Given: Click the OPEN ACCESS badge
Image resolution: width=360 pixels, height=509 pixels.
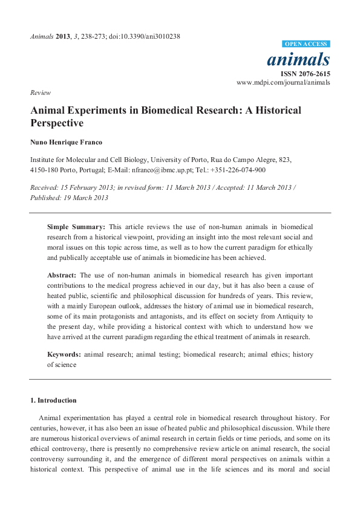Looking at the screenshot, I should click(306, 44).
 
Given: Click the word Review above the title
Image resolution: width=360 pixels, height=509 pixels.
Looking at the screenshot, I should click(41, 92).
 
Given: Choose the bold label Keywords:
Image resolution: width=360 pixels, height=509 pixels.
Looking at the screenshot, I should click(64, 355).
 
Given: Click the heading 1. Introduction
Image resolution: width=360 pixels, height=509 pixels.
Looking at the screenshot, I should click(53, 400).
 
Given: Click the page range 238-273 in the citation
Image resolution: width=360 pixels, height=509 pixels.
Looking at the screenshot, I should click(94, 36).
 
